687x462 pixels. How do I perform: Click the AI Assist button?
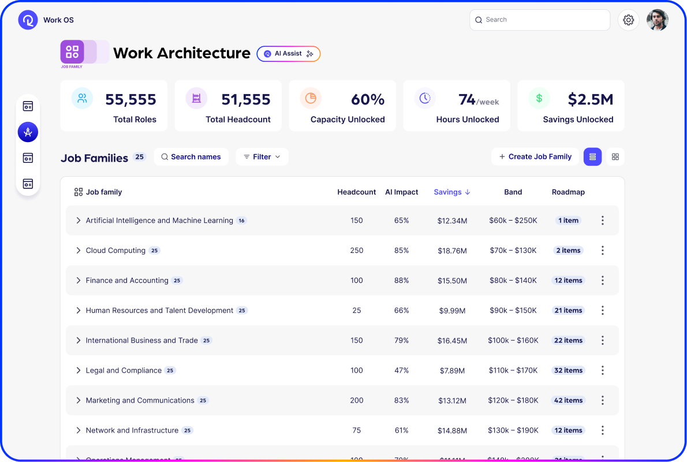point(288,54)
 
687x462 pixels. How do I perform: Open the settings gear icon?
point(628,20)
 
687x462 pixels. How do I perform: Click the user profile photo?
point(657,20)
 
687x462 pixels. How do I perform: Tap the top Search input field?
point(539,20)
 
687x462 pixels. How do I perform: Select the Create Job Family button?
point(535,157)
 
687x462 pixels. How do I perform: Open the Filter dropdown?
point(262,157)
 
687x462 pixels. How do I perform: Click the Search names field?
point(191,157)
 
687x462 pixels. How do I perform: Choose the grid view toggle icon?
point(615,157)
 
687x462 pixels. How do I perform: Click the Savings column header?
point(451,192)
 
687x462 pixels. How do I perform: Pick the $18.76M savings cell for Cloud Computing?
point(451,251)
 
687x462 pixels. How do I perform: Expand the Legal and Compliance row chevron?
point(79,370)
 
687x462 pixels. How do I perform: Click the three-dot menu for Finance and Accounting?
point(602,280)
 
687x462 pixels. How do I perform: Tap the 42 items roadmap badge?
point(568,400)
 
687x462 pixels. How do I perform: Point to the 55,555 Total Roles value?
point(130,99)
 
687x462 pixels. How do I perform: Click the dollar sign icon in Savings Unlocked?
point(539,98)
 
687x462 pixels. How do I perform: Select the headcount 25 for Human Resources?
point(356,310)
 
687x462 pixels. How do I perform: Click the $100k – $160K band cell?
point(513,340)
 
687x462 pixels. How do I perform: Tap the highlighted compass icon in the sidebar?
point(28,132)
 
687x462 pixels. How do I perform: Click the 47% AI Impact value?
point(401,370)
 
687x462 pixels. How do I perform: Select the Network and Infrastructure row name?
point(132,430)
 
